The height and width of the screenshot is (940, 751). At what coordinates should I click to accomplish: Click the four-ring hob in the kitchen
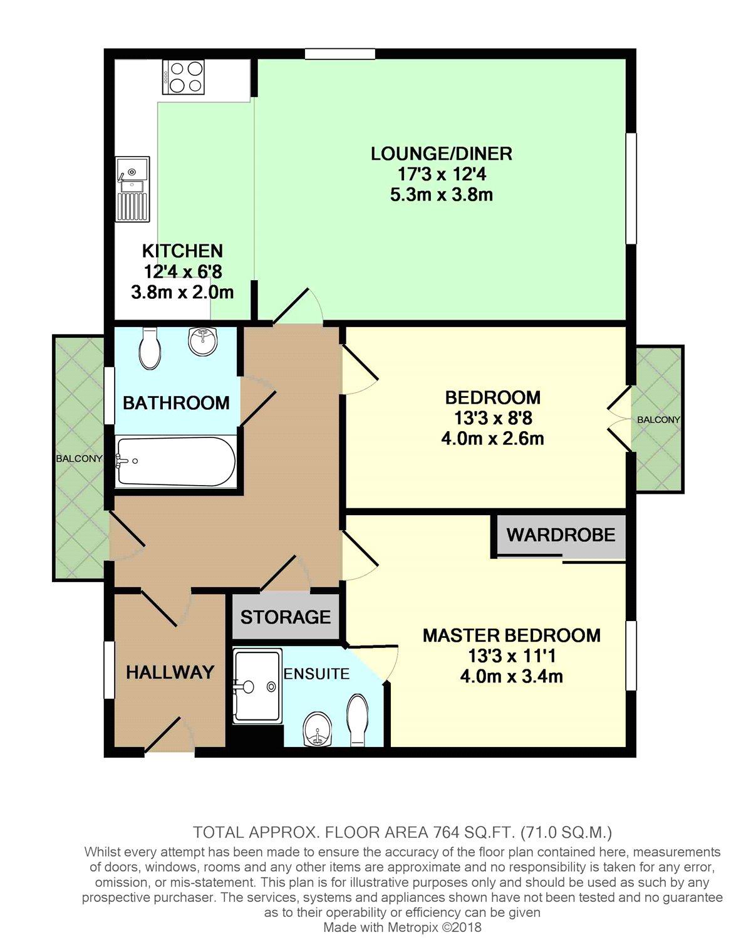183,77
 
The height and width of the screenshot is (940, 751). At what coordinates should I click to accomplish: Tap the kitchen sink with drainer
133,189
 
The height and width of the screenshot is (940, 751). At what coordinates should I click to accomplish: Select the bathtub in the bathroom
176,461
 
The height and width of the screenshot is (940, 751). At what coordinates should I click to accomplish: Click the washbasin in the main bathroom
203,341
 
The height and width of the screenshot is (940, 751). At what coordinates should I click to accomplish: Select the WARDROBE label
561,535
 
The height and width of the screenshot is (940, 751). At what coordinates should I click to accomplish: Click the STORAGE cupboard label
286,617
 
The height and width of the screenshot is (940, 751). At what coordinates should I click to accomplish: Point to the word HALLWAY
170,672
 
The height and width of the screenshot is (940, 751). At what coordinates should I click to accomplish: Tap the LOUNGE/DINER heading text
442,154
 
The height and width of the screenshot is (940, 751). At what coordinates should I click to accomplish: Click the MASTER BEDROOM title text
512,635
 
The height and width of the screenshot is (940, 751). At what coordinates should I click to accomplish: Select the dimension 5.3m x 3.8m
442,194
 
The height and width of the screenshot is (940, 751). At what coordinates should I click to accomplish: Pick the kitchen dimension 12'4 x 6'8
183,272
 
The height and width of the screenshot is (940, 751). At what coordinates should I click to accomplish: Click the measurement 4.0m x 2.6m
492,439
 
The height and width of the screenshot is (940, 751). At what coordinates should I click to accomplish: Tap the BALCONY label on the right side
658,420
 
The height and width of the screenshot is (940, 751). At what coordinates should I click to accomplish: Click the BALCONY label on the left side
79,459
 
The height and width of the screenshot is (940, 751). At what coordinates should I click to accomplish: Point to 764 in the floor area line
445,833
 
